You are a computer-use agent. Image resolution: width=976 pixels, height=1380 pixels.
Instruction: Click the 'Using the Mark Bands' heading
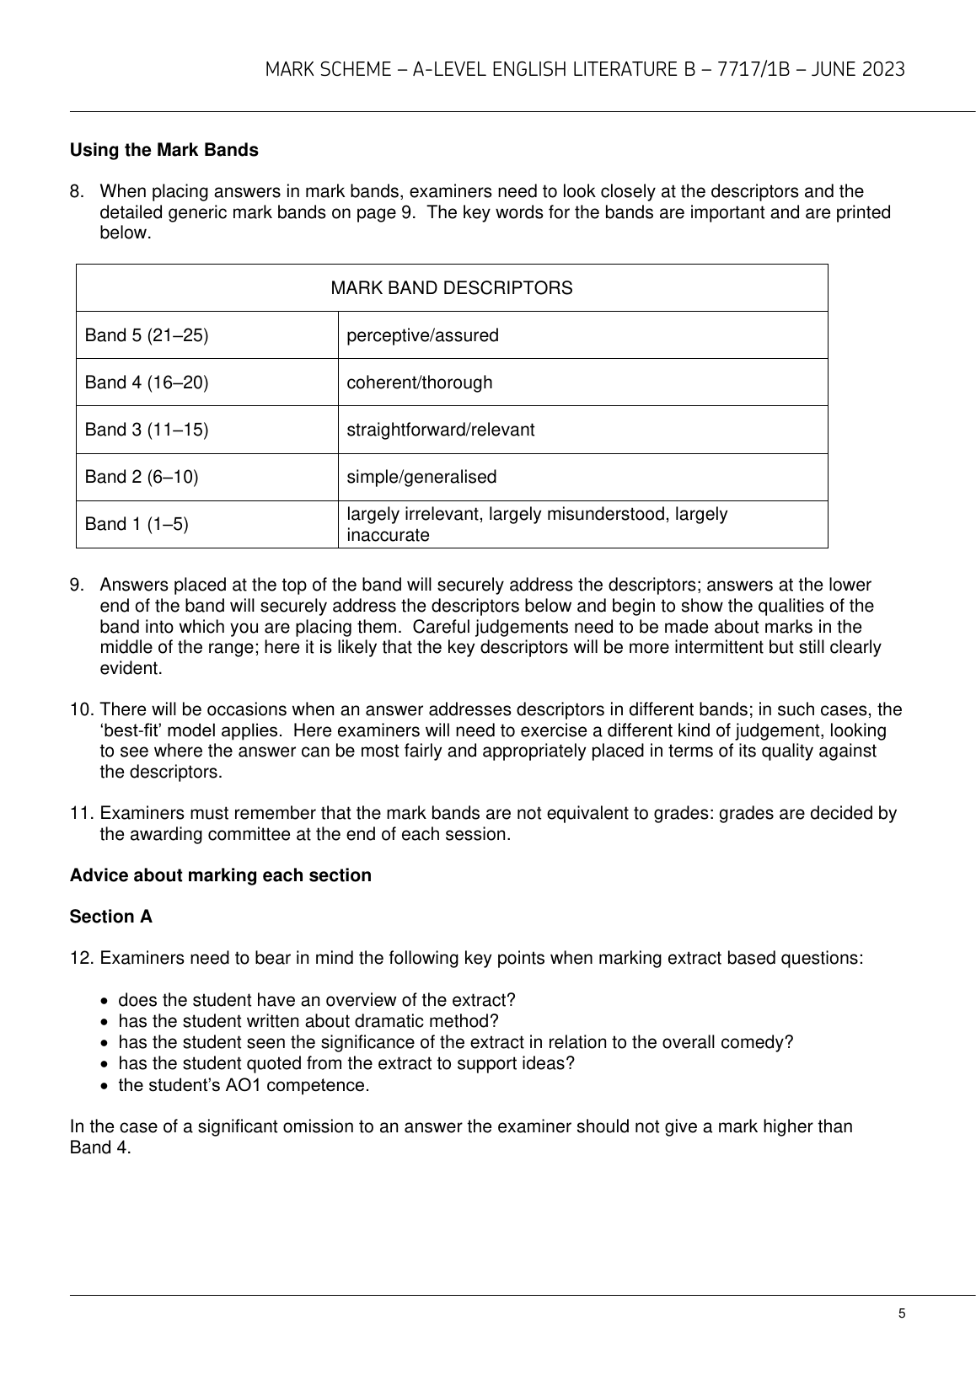pyautogui.click(x=164, y=150)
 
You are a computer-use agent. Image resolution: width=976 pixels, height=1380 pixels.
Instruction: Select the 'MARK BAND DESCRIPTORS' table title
pyautogui.click(x=451, y=288)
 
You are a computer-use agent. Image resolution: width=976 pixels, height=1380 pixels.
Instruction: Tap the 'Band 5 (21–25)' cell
pyautogui.click(x=147, y=335)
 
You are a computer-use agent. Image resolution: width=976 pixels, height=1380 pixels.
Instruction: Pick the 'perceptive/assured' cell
pyautogui.click(x=422, y=335)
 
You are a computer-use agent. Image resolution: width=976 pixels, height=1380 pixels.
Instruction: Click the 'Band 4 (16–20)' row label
pyautogui.click(x=147, y=382)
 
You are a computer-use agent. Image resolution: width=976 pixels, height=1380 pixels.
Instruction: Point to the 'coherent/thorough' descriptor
pyautogui.click(x=420, y=382)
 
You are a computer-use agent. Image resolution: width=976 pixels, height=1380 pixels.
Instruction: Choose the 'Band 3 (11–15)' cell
pyautogui.click(x=147, y=430)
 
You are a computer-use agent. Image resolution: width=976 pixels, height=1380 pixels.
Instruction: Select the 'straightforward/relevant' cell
pyautogui.click(x=441, y=430)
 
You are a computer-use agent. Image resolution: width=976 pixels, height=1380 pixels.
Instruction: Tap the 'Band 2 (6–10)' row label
pyautogui.click(x=142, y=477)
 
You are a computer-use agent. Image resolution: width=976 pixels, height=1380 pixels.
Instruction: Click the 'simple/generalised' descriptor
pyautogui.click(x=421, y=477)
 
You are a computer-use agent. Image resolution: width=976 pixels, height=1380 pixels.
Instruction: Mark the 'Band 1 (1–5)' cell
pyautogui.click(x=137, y=524)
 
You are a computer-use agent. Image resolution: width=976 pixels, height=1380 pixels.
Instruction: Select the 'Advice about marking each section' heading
pyautogui.click(x=220, y=875)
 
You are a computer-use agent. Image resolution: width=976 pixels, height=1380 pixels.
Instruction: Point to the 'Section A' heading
pyautogui.click(x=111, y=917)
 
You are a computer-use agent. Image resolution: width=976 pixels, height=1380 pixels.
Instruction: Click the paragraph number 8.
pyautogui.click(x=77, y=191)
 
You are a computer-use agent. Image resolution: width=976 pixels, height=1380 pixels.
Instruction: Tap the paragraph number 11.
pyautogui.click(x=80, y=813)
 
